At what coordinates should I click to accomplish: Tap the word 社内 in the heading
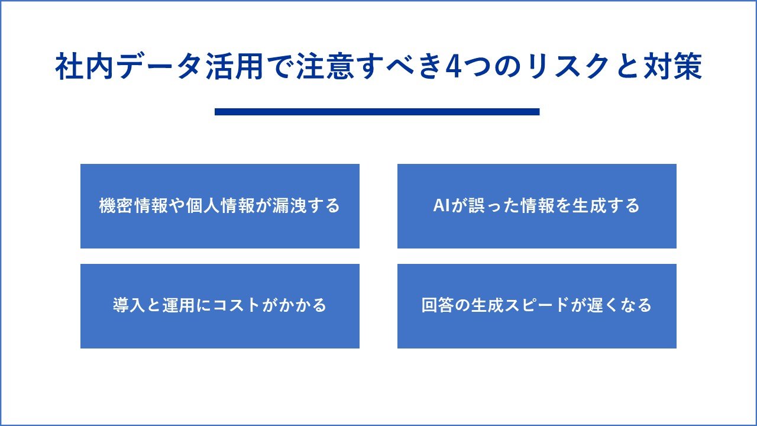(x=85, y=66)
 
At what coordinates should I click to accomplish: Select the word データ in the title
(x=158, y=66)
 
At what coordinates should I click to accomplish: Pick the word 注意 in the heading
(x=325, y=66)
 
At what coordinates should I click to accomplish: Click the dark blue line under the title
(x=377, y=112)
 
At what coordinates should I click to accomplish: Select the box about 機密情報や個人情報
(x=219, y=206)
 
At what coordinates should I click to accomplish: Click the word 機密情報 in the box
(x=133, y=205)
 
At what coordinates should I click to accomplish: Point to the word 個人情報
(x=220, y=205)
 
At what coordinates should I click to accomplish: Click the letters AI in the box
(x=441, y=205)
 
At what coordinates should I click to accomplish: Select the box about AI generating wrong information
(x=536, y=206)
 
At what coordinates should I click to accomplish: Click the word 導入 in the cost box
(x=129, y=305)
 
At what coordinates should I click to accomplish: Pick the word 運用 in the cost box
(x=179, y=305)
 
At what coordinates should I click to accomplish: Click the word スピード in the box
(x=537, y=305)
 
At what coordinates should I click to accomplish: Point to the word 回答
(x=438, y=305)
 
